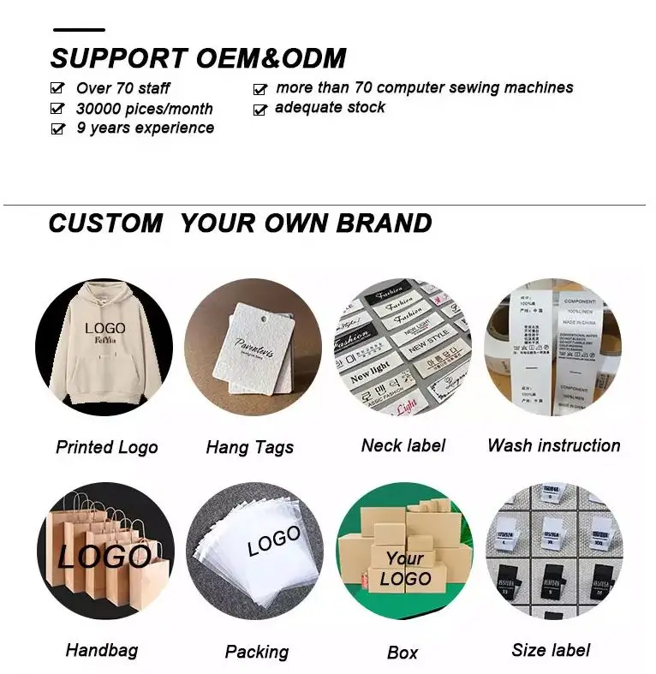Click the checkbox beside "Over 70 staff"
[x=57, y=87]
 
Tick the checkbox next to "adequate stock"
[x=260, y=110]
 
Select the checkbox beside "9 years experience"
[x=57, y=128]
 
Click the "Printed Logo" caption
[x=107, y=447]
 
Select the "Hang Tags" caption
[x=250, y=447]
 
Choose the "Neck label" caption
[x=403, y=445]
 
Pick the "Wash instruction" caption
[x=553, y=445]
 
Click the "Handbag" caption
[x=102, y=651]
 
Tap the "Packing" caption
[x=256, y=653]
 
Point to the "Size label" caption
[x=552, y=650]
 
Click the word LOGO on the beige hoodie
[x=104, y=329]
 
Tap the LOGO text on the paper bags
[x=104, y=558]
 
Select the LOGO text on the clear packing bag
[x=274, y=541]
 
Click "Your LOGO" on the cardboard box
[x=405, y=570]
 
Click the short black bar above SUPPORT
[x=79, y=31]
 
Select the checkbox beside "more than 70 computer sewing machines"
[x=260, y=88]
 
